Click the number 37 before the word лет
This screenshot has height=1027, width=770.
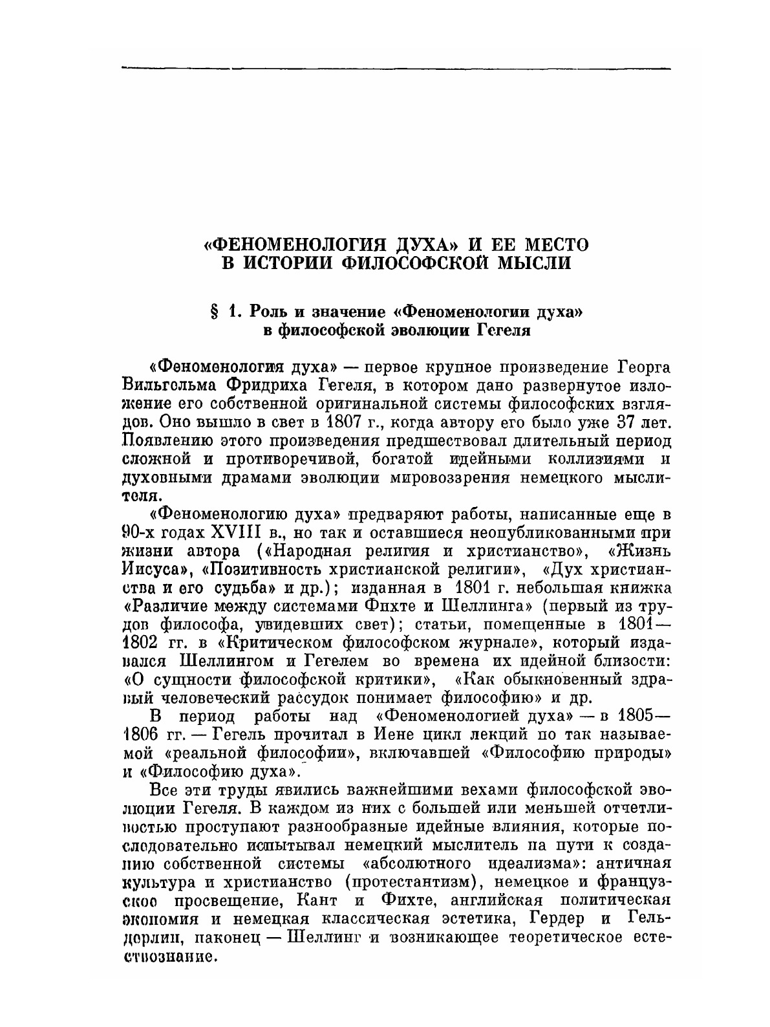pos(615,423)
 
